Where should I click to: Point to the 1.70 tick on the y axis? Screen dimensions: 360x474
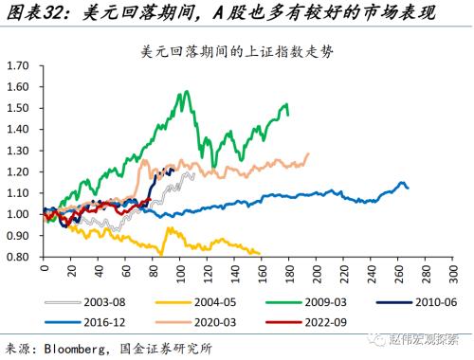point(20,65)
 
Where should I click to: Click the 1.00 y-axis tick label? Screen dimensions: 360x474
point(20,213)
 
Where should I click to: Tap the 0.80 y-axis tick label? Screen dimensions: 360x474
point(20,256)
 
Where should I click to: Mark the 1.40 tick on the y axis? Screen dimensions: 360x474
point(20,129)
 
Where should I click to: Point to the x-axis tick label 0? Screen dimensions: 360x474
point(44,268)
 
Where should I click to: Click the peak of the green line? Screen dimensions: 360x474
point(181,92)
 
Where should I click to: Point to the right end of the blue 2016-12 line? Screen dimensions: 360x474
point(408,189)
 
